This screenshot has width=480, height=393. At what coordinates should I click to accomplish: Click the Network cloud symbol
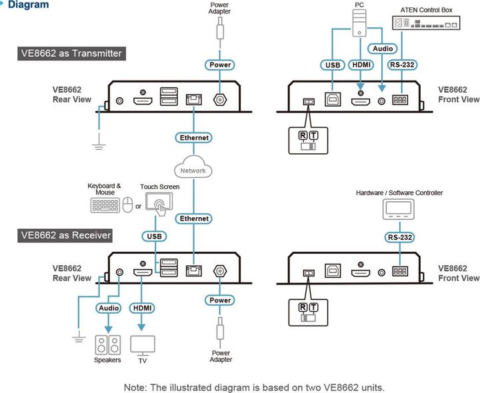pyautogui.click(x=194, y=170)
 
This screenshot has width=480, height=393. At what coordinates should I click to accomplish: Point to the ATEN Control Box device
pyautogui.click(x=426, y=23)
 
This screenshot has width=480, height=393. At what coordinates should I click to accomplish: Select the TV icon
pyautogui.click(x=143, y=344)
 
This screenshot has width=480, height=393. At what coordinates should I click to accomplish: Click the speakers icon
pyautogui.click(x=107, y=344)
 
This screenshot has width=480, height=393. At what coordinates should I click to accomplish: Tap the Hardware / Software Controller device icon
pyautogui.click(x=399, y=211)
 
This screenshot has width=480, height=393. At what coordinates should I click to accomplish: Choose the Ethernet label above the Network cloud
pyautogui.click(x=194, y=138)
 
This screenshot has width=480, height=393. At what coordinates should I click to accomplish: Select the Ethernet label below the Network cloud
pyautogui.click(x=194, y=218)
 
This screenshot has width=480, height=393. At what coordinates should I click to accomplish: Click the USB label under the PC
pyautogui.click(x=332, y=65)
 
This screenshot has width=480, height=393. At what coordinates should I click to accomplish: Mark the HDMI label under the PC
pyautogui.click(x=362, y=65)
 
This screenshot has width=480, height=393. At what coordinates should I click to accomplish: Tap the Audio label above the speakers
pyautogui.click(x=109, y=308)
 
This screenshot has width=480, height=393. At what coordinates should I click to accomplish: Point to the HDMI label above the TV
pyautogui.click(x=143, y=308)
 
